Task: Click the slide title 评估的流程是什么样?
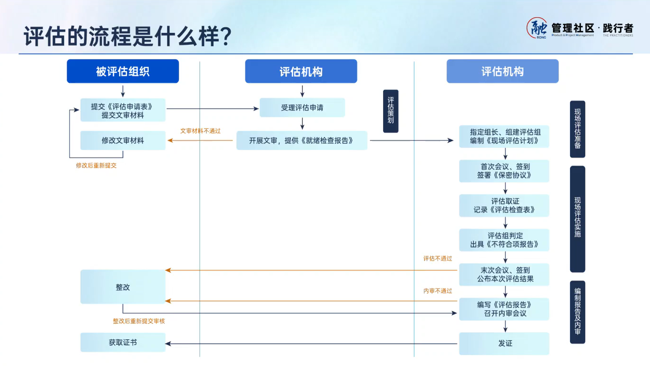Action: [128, 36]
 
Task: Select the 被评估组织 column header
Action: [123, 71]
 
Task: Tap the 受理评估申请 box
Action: [302, 108]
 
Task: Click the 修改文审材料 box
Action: [123, 140]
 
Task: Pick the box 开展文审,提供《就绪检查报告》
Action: [302, 140]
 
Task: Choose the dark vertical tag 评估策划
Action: [391, 111]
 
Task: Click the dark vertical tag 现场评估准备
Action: [577, 129]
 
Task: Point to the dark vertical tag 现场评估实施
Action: [577, 218]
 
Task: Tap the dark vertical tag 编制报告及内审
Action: [577, 312]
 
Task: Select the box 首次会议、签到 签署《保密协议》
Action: [504, 171]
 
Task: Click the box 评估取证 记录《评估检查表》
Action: [504, 205]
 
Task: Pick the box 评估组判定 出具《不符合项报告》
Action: [504, 240]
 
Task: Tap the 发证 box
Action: [504, 343]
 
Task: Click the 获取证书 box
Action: [123, 342]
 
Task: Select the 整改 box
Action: [123, 287]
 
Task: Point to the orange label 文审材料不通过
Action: [200, 131]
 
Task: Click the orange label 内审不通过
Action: [438, 291]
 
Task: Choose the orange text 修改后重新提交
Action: [96, 166]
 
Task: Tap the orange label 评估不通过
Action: [438, 258]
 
